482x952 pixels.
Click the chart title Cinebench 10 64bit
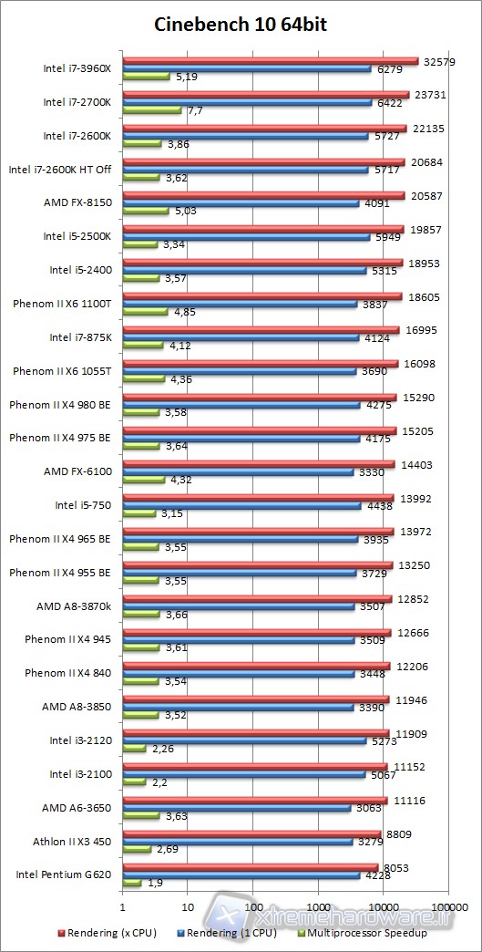[x=241, y=25]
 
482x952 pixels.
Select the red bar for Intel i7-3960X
[x=271, y=61]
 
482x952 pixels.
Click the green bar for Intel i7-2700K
[x=152, y=110]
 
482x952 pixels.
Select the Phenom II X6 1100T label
[x=62, y=304]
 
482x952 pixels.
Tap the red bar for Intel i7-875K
[x=261, y=330]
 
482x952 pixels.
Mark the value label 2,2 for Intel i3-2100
[x=160, y=783]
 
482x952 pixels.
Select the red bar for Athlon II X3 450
[x=251, y=833]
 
